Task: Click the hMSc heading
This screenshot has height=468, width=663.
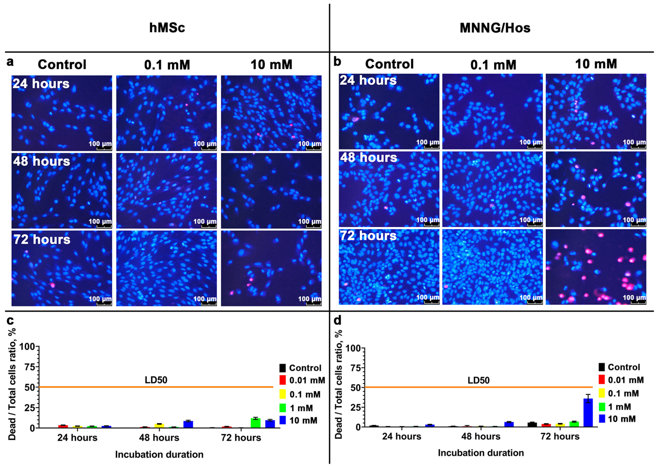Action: click(x=167, y=28)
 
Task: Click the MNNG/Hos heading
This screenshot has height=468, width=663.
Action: click(x=495, y=28)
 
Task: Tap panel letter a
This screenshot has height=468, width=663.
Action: click(x=10, y=62)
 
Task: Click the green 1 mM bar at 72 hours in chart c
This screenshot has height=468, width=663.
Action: click(x=256, y=423)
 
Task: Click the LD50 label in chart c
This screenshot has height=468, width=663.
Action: click(x=156, y=380)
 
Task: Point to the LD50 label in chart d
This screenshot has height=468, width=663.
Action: click(x=479, y=380)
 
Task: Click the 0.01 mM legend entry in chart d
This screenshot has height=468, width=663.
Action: click(x=625, y=380)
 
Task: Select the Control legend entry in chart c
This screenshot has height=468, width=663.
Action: click(x=305, y=368)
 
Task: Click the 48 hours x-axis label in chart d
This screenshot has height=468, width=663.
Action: click(x=481, y=436)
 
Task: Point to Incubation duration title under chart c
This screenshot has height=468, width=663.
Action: click(x=159, y=454)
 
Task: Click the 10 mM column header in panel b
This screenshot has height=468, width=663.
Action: click(x=596, y=64)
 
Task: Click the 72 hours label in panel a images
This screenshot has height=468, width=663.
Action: click(x=42, y=239)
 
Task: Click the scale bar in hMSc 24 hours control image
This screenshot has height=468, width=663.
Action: click(x=104, y=148)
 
